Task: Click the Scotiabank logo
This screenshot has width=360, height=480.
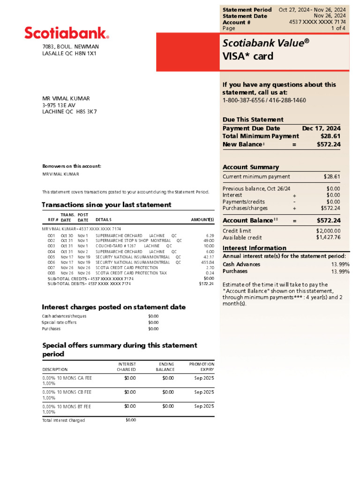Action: point(67,33)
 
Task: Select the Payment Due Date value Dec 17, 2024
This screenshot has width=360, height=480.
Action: point(321,128)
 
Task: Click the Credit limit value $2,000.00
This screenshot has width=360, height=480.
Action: point(328,231)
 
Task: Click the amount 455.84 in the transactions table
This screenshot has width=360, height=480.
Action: point(207,262)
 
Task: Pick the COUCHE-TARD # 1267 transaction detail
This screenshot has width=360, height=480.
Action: point(115,246)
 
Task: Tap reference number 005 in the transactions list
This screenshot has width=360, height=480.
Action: point(52,257)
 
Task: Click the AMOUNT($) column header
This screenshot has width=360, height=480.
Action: point(202,219)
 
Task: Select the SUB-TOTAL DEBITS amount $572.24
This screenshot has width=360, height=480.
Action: point(206,284)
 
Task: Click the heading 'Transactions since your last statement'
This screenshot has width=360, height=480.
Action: point(106,205)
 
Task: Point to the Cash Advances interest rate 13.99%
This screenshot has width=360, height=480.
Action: point(340,264)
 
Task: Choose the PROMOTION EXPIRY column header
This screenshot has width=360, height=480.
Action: point(202,367)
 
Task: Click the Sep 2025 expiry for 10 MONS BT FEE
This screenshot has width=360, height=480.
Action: point(204,406)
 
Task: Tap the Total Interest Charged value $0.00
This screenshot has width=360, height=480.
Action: point(131,420)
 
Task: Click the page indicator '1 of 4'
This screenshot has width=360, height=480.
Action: point(338,29)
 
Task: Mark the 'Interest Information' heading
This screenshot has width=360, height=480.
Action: point(254,248)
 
